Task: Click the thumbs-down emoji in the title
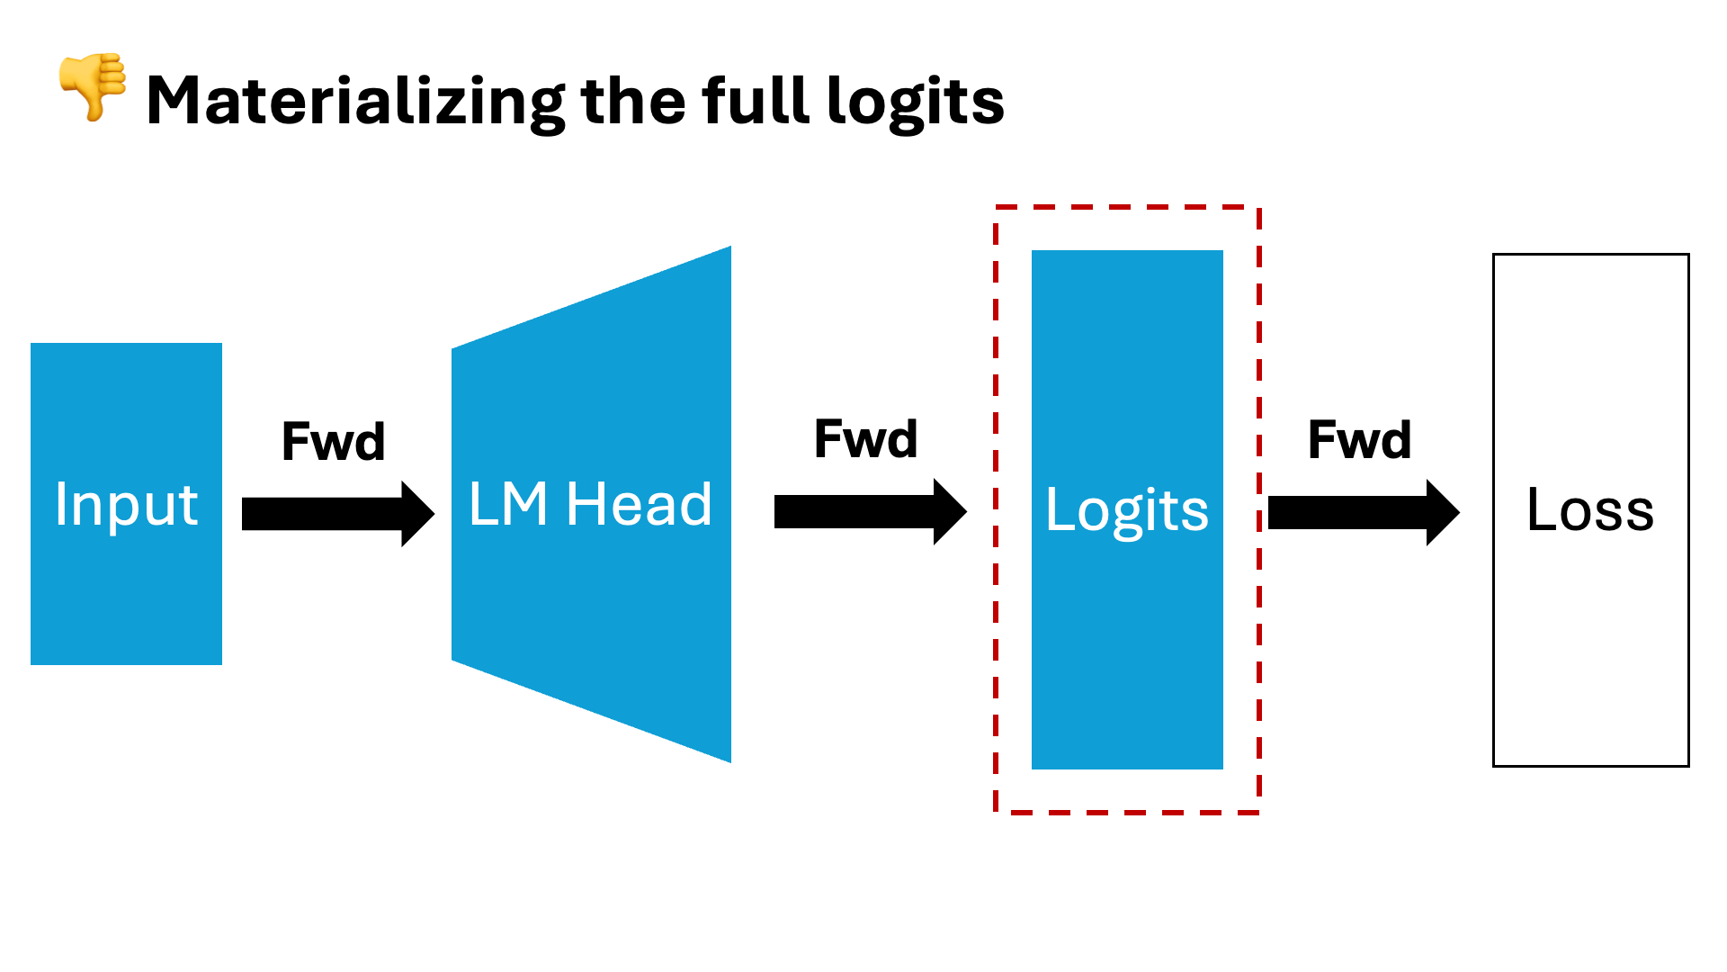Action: (93, 85)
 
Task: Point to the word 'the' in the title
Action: (635, 101)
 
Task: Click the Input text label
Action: (126, 504)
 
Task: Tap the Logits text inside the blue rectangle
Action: (1127, 510)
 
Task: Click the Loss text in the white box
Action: (1590, 510)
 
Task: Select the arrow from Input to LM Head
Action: (337, 514)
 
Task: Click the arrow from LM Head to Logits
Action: (870, 512)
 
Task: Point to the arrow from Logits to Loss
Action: (1363, 513)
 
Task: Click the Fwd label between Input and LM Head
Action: (334, 442)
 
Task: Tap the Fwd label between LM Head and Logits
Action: (865, 439)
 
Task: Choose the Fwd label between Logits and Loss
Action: (1359, 440)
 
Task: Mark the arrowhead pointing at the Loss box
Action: (1442, 513)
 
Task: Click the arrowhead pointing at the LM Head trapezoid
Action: (416, 514)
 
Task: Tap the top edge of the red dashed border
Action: (1127, 207)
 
